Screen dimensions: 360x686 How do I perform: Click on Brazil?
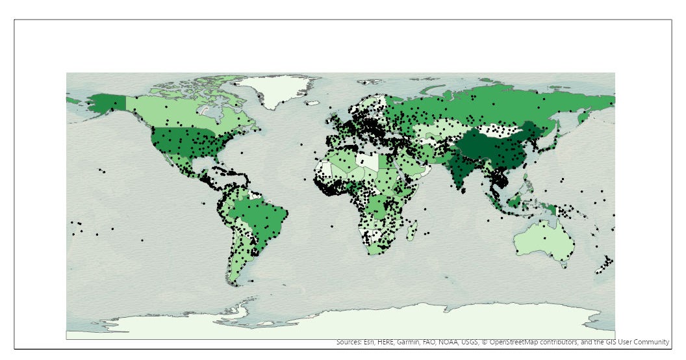tap(260, 217)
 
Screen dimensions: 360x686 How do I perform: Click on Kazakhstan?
tap(442, 127)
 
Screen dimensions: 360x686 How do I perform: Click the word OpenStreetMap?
tap(517, 342)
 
